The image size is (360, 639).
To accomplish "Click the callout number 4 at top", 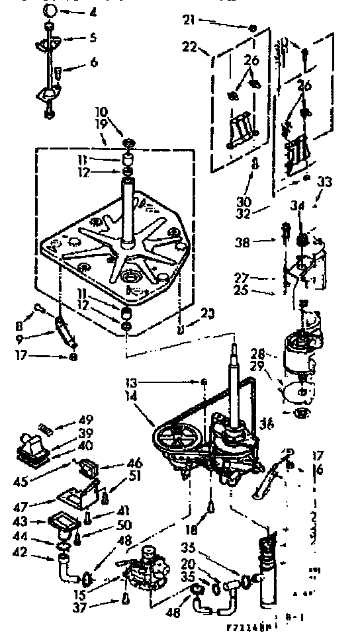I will click(93, 11).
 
